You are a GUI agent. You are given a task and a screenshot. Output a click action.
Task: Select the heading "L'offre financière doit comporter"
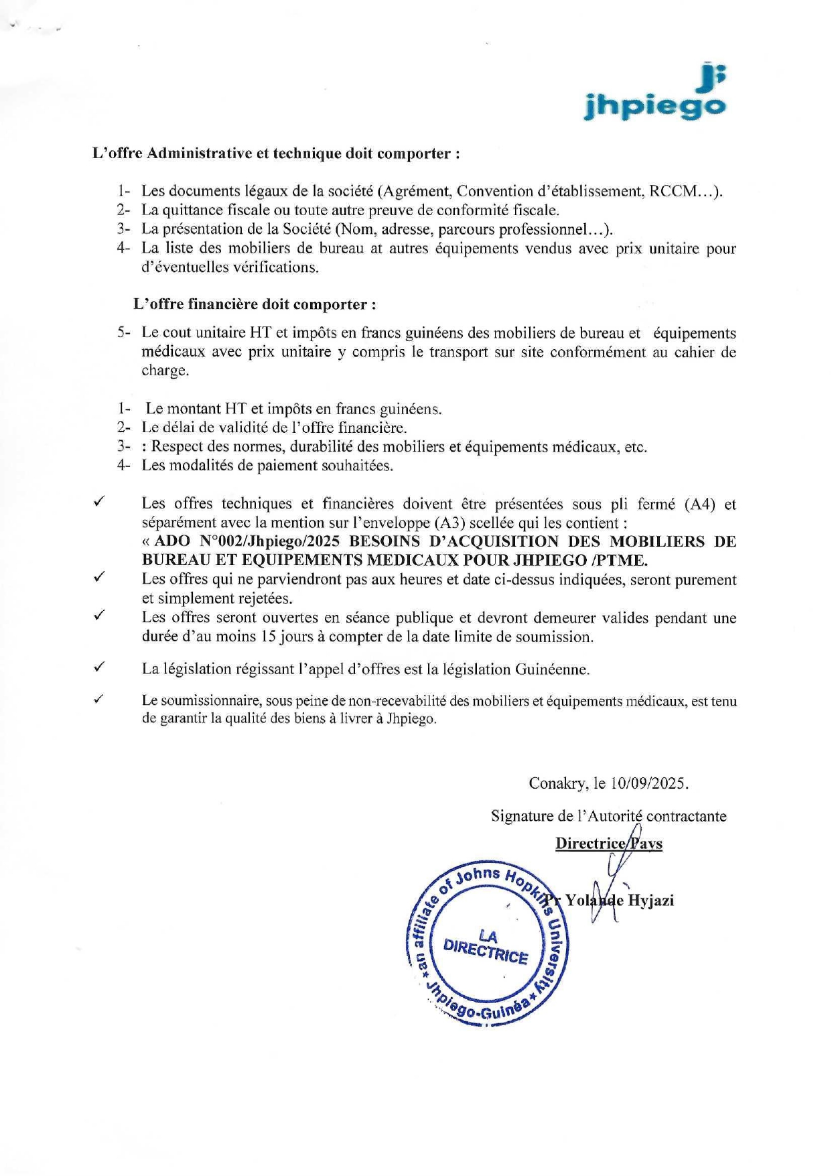[x=254, y=304]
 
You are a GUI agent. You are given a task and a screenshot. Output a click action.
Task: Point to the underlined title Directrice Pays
[x=608, y=843]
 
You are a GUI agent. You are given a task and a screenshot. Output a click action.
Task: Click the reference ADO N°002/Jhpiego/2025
[x=245, y=541]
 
